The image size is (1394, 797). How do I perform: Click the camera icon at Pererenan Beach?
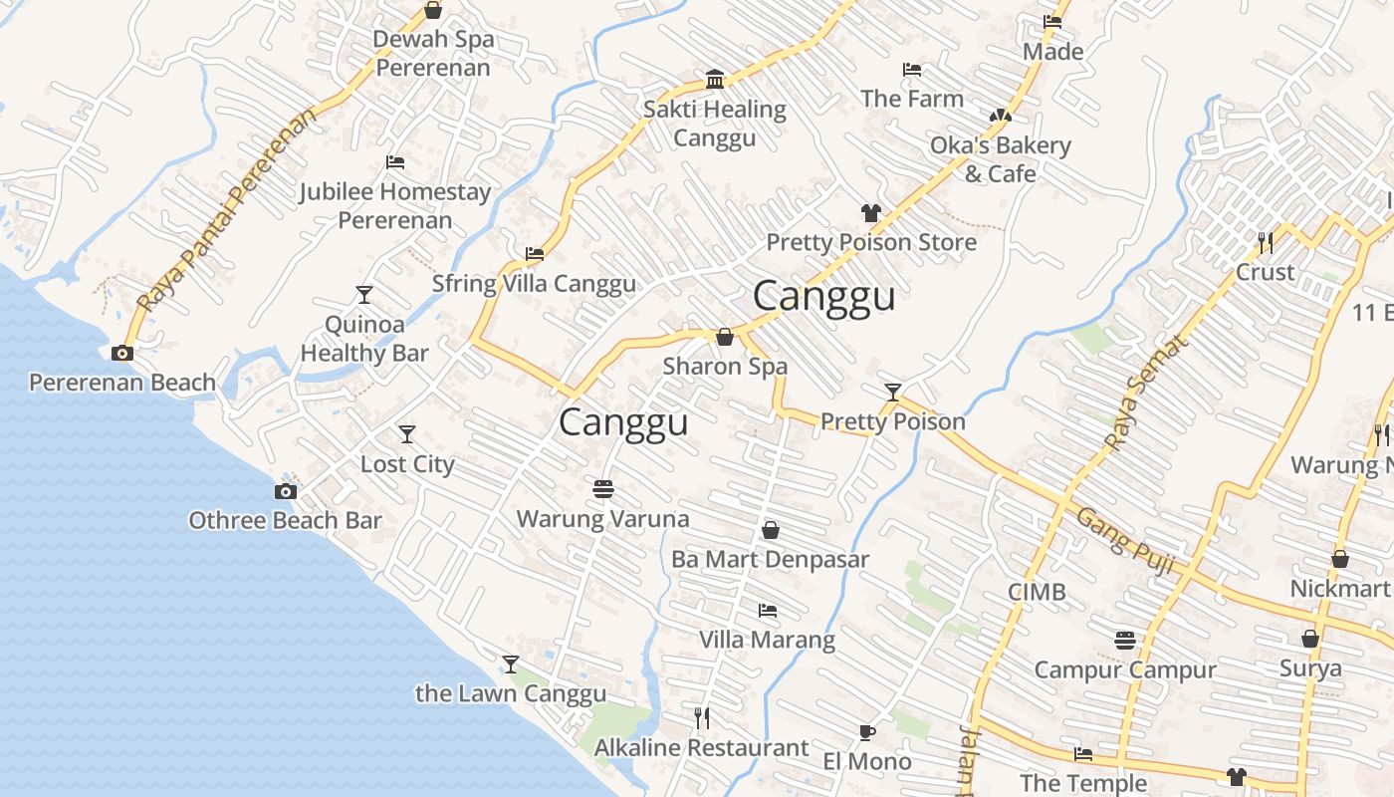[122, 353]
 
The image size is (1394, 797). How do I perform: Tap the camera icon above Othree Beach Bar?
[286, 491]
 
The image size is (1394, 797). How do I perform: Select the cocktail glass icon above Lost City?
[406, 434]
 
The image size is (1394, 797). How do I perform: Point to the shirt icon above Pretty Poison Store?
[871, 212]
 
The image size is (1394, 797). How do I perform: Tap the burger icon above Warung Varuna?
[603, 489]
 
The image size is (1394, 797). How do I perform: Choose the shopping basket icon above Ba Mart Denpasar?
[770, 530]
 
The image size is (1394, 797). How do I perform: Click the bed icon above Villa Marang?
[767, 610]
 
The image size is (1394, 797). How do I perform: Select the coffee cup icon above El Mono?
[867, 733]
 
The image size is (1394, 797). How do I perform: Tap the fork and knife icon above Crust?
[1265, 242]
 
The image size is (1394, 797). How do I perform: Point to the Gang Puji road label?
[1126, 544]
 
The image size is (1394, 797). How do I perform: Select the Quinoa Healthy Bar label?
[364, 339]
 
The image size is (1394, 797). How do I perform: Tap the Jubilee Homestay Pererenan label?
[395, 205]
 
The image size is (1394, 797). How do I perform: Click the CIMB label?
[1037, 592]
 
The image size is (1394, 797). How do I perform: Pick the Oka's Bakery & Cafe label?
[1000, 159]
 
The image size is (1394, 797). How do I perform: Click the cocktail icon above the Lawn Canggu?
[511, 664]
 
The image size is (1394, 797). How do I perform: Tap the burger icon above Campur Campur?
[1125, 640]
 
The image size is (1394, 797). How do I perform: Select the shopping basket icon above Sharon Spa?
[725, 337]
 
